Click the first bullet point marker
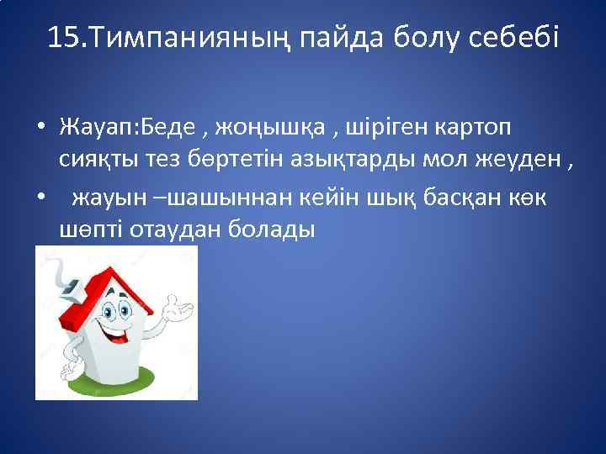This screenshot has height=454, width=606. point(40,128)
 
